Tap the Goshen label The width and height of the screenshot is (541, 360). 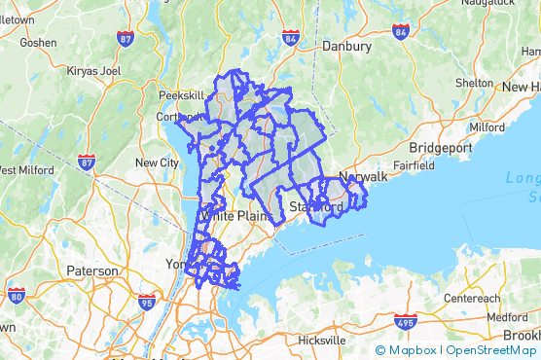click(37, 43)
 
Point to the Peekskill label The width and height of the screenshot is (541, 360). click(181, 95)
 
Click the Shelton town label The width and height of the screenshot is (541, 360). click(474, 83)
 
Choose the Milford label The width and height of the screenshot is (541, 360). click(487, 126)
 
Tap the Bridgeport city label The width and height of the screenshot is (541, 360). click(441, 147)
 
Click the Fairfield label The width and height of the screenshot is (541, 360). click(415, 165)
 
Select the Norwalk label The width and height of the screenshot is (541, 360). click(363, 177)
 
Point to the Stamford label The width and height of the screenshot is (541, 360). click(316, 207)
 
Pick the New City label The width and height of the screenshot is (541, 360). click(158, 162)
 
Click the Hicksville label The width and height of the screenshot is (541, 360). click(321, 341)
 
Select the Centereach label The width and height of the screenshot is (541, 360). click(472, 297)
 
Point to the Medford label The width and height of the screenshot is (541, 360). click(508, 317)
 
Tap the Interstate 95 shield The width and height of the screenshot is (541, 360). click(146, 302)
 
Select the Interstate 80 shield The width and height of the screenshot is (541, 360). click(16, 295)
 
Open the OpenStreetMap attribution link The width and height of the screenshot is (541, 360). click(491, 350)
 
